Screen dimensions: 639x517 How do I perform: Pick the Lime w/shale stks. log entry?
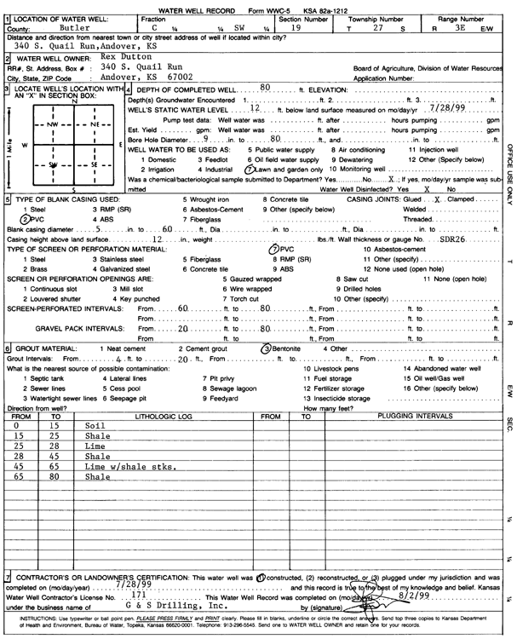tap(130, 468)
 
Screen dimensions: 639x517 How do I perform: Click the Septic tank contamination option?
tap(38, 377)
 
